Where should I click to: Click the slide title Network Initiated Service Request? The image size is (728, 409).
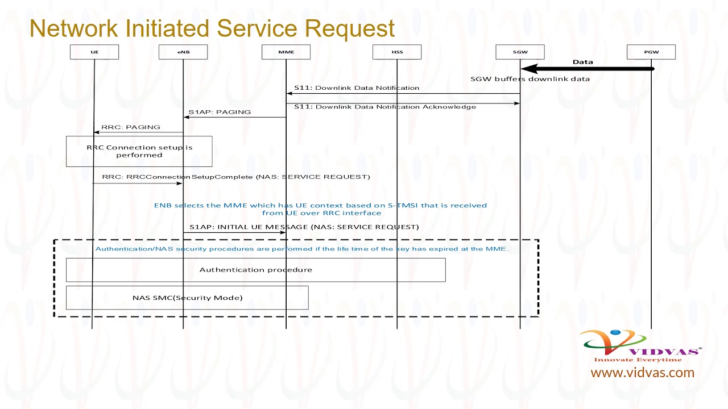click(212, 28)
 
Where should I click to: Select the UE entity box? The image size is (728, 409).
click(94, 52)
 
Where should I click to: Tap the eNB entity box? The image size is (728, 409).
click(183, 52)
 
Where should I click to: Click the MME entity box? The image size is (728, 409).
click(286, 52)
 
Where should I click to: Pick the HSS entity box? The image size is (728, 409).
click(397, 52)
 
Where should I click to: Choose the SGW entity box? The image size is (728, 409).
click(520, 52)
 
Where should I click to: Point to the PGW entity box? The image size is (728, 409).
click(651, 52)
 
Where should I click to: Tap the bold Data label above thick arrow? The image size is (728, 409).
click(582, 62)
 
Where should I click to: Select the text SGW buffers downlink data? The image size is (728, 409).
click(530, 79)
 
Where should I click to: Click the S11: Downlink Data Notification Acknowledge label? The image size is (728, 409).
click(385, 107)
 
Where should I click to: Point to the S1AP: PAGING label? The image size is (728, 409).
click(220, 112)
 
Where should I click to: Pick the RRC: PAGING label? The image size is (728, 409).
click(131, 127)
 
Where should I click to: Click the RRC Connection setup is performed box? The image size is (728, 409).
click(139, 151)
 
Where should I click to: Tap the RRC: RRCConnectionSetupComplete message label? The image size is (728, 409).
click(236, 177)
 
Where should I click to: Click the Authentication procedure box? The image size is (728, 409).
click(255, 270)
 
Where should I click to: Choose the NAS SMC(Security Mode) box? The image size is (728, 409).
click(187, 298)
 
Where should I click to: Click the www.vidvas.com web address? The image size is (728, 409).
click(642, 373)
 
